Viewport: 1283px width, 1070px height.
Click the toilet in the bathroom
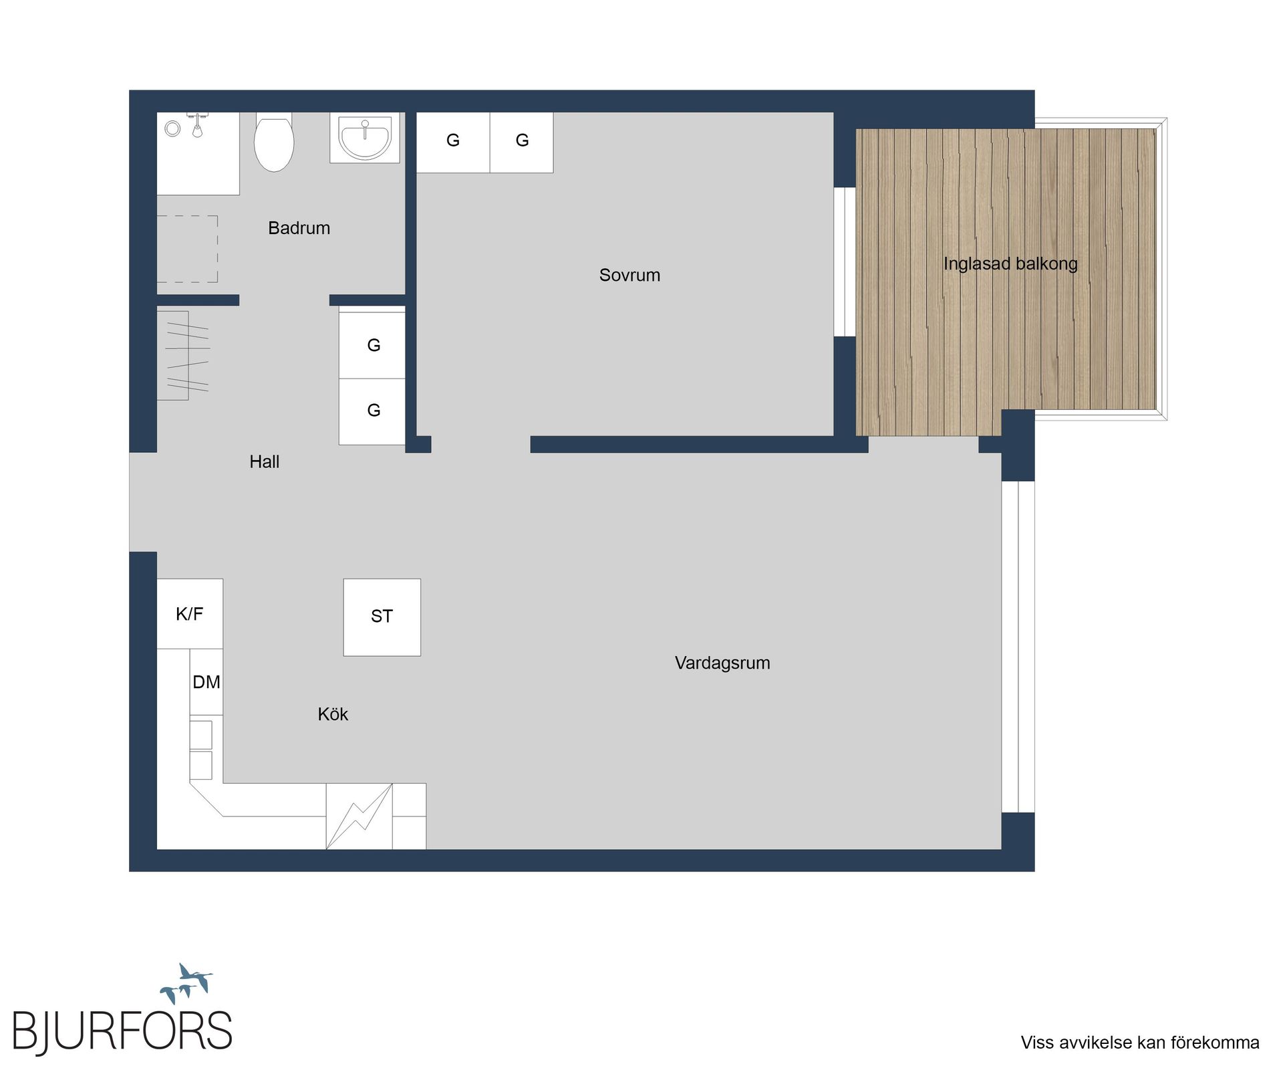(274, 143)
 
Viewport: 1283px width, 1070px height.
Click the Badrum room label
(299, 228)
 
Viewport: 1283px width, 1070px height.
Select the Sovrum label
(629, 275)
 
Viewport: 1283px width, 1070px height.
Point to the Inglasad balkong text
(1010, 263)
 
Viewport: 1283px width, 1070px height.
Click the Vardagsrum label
(722, 663)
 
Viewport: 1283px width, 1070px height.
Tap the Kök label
(333, 714)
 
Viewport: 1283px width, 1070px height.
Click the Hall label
(264, 461)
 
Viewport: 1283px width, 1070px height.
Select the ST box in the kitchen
(382, 617)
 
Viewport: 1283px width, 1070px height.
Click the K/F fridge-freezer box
(190, 613)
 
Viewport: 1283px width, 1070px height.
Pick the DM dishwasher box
(206, 681)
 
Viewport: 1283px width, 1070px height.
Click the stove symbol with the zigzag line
(359, 816)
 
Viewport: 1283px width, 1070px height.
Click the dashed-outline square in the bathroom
(187, 248)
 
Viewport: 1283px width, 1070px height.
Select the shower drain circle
(172, 128)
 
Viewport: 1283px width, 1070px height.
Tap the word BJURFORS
(122, 1031)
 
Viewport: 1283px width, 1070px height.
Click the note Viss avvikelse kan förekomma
(1139, 1043)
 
